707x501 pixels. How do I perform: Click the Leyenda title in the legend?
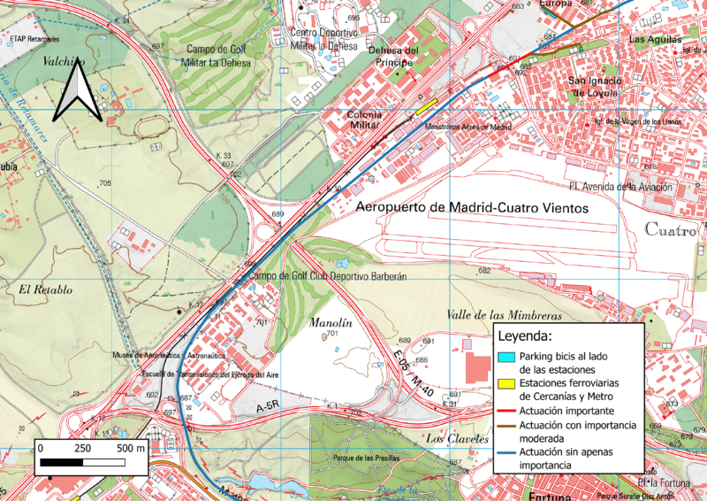525,336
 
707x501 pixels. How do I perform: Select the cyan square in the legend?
505,357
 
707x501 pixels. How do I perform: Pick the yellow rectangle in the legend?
505,384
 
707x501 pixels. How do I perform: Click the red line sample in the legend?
505,412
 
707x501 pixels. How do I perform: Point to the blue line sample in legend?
505,453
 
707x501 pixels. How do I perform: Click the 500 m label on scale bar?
131,448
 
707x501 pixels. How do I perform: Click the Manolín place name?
331,324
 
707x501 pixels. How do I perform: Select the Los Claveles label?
457,439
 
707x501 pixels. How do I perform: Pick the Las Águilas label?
655,40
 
